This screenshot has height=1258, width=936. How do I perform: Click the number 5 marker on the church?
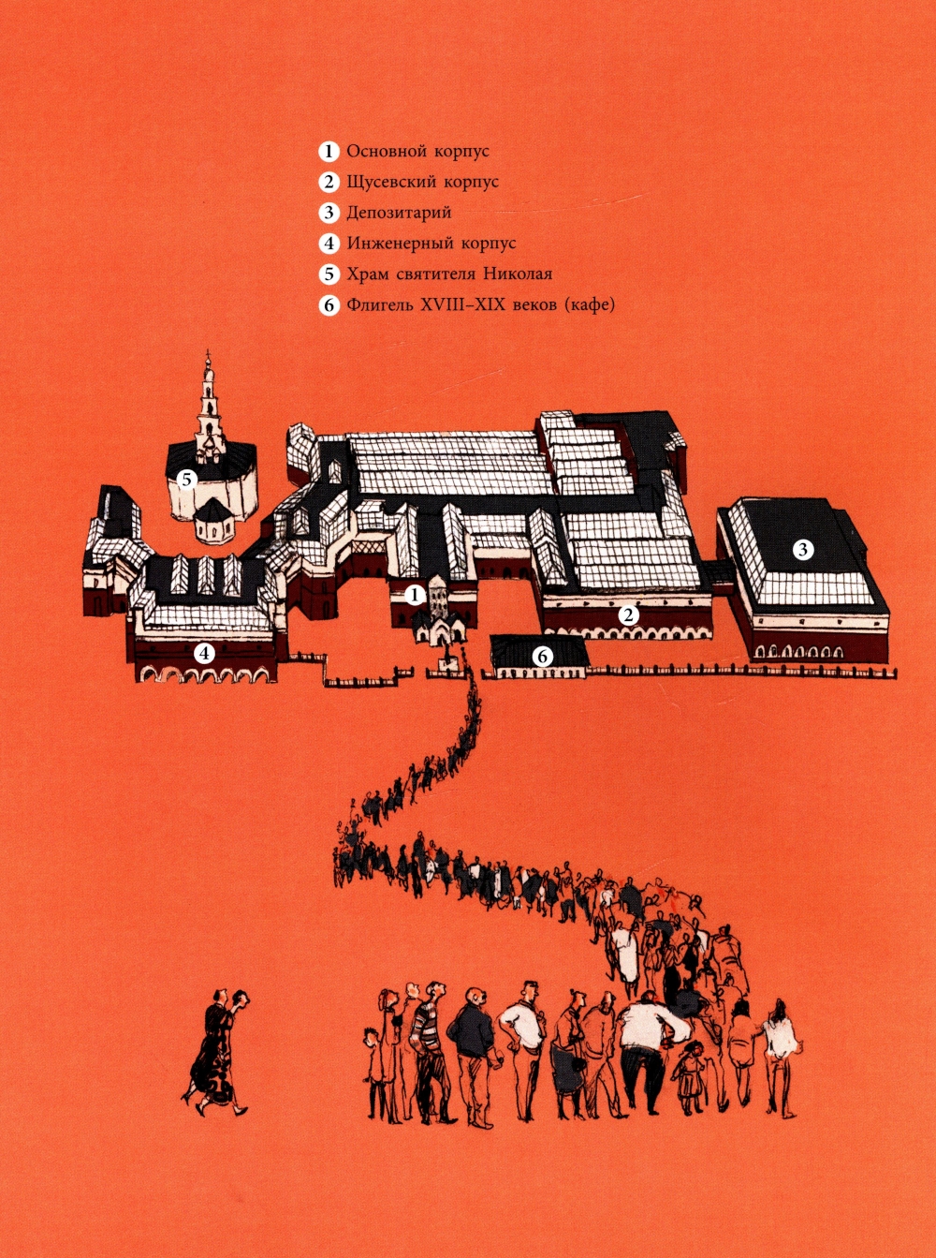click(x=186, y=480)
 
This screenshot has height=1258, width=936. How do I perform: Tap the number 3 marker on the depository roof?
click(x=803, y=549)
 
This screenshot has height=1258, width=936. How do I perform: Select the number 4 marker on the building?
click(x=204, y=654)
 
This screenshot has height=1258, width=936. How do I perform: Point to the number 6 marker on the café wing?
click(x=543, y=657)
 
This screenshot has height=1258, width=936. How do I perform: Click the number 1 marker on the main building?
click(x=415, y=595)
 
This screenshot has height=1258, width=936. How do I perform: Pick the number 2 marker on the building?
click(x=628, y=614)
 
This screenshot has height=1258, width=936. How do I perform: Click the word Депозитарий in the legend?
click(x=399, y=214)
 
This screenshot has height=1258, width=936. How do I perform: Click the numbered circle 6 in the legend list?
click(x=328, y=305)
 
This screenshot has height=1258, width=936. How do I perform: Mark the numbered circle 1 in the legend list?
click(x=328, y=152)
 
